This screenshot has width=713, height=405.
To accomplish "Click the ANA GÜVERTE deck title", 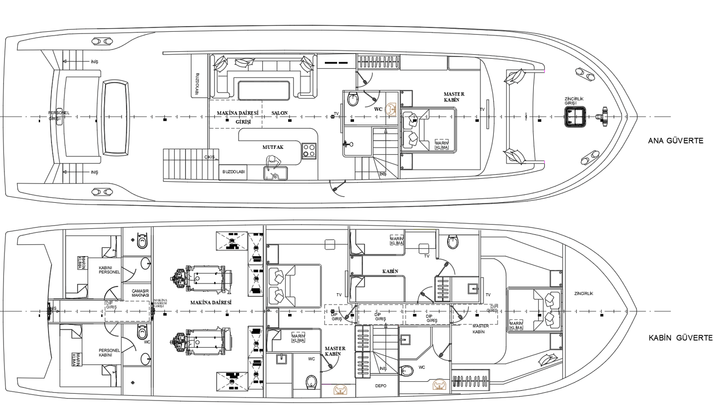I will (675, 141).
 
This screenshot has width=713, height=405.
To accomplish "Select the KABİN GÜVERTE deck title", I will (680, 338).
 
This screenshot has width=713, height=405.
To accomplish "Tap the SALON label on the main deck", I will (279, 113).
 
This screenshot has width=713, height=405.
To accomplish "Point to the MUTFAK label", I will (273, 147).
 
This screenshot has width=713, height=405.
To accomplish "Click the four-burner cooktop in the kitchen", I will (309, 150).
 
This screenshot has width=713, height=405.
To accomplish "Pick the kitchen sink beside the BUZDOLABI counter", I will (276, 174).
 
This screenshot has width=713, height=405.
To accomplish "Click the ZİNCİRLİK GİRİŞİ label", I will (574, 101).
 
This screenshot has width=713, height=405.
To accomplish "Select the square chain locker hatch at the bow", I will (575, 117).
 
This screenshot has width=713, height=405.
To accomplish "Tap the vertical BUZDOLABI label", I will (197, 84).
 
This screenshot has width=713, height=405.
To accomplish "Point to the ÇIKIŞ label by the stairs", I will (209, 157).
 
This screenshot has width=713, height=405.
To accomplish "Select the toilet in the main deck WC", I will (353, 99).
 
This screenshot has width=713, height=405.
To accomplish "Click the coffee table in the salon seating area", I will (263, 90).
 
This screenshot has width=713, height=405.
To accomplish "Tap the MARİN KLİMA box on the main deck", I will (441, 145).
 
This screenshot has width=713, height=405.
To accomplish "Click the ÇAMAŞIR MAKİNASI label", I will (140, 293).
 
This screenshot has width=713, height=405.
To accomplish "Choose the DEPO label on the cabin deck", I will (380, 386).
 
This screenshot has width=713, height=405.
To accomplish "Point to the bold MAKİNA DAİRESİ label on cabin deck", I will (211, 302).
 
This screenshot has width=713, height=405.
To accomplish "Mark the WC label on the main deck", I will (378, 109).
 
